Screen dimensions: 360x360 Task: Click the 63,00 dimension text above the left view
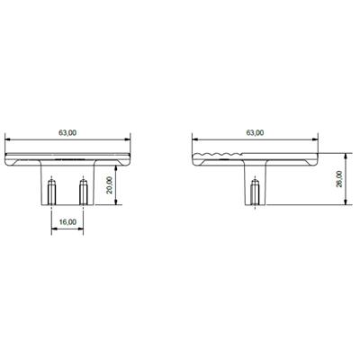67,132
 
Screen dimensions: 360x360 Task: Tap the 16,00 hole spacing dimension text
67,220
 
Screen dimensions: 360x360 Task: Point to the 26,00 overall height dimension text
338,181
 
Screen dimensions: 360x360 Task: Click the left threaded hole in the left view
51,191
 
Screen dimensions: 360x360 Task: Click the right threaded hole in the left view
84,191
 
